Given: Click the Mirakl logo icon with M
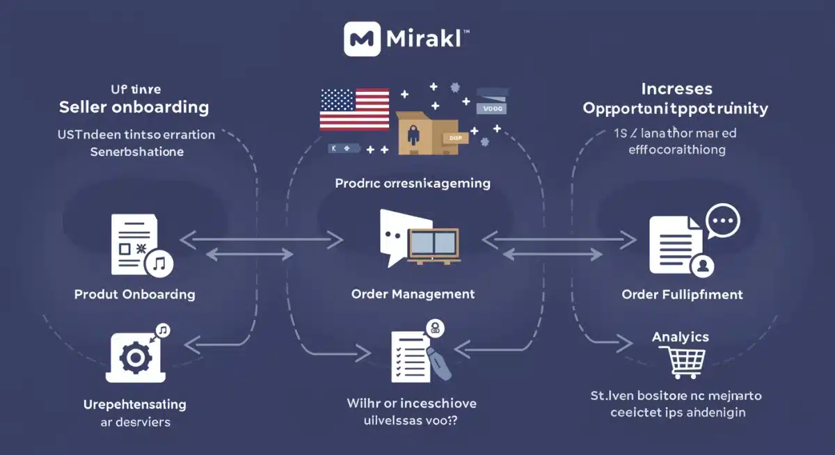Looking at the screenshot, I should tap(361, 40).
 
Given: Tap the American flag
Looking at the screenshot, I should tap(354, 110).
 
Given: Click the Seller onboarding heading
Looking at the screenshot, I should tap(134, 107).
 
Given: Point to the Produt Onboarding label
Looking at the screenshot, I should tap(134, 294).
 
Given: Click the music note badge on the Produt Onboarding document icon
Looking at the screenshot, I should tap(159, 262).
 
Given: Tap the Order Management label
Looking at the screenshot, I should tap(413, 294).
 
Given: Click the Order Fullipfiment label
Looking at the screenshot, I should tap(682, 294).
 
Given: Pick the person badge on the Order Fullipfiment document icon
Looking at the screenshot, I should tap(703, 265).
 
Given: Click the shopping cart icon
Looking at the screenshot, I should tap(684, 363).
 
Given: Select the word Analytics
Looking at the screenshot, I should tap(680, 337).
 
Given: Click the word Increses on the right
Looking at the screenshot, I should tap(676, 89).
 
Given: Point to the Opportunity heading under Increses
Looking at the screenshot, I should tap(675, 109).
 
